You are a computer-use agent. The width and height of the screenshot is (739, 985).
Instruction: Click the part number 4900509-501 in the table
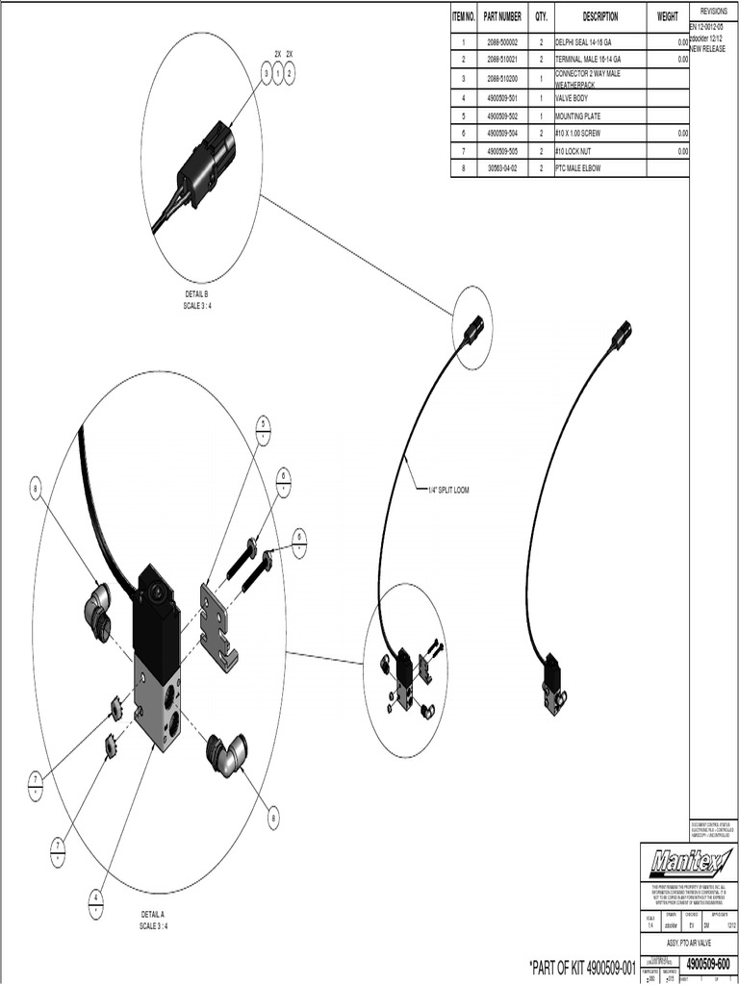coord(502,98)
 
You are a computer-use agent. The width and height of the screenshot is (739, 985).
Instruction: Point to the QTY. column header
coord(541,17)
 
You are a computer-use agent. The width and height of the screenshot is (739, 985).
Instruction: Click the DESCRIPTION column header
coord(599,17)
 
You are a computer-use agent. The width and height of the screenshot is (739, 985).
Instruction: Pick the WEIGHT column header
coord(668,17)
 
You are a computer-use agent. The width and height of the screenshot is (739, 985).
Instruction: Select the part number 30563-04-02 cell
coord(502,168)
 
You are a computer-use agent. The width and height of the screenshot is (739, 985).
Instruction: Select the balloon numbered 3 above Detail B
coord(267,72)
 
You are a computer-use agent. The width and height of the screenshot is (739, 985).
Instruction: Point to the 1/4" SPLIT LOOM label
coord(448,490)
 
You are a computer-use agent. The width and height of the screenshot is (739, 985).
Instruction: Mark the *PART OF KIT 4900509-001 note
coord(583,965)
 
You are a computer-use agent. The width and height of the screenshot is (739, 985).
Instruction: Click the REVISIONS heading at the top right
coord(714,9)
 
